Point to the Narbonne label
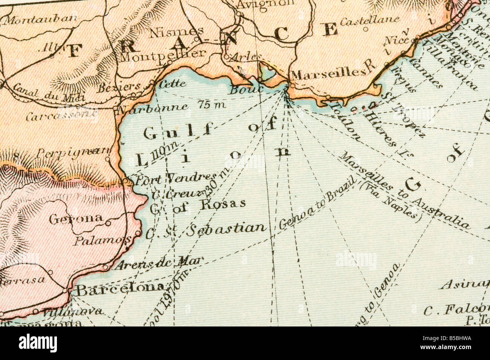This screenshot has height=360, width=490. [x=153, y=108]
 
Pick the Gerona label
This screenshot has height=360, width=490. [x=76, y=218]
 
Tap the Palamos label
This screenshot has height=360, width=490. [x=102, y=240]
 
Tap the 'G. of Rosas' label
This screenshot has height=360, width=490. [x=198, y=205]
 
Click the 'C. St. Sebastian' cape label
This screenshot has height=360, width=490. [x=206, y=229]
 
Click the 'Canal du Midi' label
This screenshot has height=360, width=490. [x=49, y=93]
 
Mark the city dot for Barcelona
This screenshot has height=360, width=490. [x=67, y=291]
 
